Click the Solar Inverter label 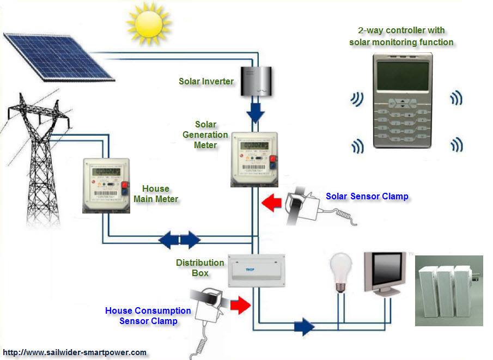pos(206,81)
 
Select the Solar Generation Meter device pos(254,158)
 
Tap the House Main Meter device pos(106,185)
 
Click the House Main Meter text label pos(156,194)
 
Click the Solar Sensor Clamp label pos(367,196)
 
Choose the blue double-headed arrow pos(179,239)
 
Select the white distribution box pos(255,271)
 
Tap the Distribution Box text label pos(200,267)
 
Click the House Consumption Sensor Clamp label pos(148,315)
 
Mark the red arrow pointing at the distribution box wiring pos(240,305)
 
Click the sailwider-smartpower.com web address pos(75,352)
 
